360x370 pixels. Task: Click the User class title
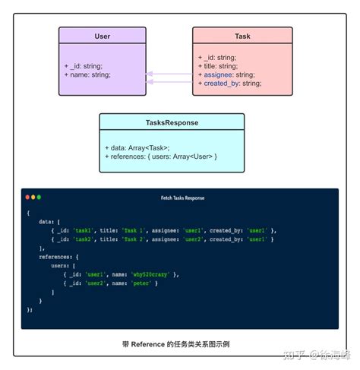(103, 36)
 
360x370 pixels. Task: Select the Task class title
(242, 36)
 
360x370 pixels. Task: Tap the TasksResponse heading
(172, 122)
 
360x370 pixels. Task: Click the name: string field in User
(87, 74)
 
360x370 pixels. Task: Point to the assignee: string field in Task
(229, 74)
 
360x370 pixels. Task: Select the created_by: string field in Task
(232, 83)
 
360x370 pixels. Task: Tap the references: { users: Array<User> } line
(161, 156)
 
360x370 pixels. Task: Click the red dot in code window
(28, 198)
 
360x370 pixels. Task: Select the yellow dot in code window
(33, 198)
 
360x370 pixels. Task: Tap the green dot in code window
(39, 198)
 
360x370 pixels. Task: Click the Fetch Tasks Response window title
(182, 198)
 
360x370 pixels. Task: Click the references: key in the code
(56, 257)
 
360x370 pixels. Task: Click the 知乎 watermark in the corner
(295, 355)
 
